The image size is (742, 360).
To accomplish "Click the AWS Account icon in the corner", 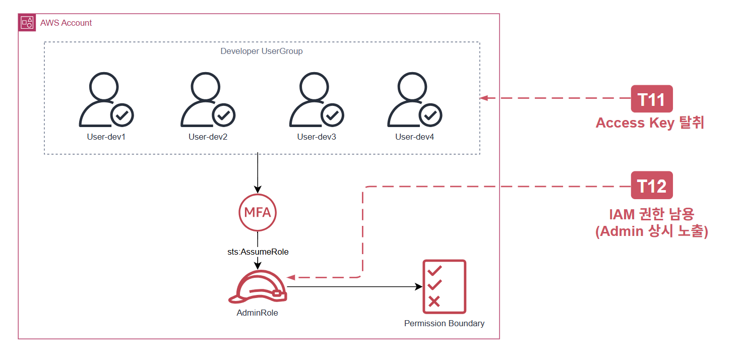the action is pyautogui.click(x=27, y=23).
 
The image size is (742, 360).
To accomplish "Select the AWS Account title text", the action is pyautogui.click(x=66, y=23).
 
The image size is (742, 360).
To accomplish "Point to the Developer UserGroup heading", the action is pyautogui.click(x=261, y=51).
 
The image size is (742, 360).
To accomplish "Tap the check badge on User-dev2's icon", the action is pyautogui.click(x=224, y=115).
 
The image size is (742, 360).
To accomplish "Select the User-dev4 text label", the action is pyautogui.click(x=414, y=137).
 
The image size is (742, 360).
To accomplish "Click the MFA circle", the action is pyautogui.click(x=258, y=212).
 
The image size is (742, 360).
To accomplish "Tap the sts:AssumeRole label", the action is pyautogui.click(x=258, y=252).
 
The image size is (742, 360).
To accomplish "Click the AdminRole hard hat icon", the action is pyautogui.click(x=258, y=287).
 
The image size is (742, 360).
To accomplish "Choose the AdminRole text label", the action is pyautogui.click(x=257, y=313).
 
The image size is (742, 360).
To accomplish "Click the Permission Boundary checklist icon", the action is pyautogui.click(x=444, y=286).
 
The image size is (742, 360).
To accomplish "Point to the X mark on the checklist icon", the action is pyautogui.click(x=434, y=302).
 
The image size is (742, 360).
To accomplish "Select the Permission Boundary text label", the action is pyautogui.click(x=444, y=323).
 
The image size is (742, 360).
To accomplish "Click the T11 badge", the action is pyautogui.click(x=652, y=99).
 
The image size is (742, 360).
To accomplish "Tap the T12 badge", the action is pyautogui.click(x=652, y=185).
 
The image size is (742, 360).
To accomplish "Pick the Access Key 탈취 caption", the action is pyautogui.click(x=650, y=123).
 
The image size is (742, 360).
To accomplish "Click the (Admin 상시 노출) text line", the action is pyautogui.click(x=652, y=231).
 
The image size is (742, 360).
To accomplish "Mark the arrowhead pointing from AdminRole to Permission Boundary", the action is pyautogui.click(x=419, y=286).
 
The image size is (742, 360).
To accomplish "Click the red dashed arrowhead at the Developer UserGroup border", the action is pyautogui.click(x=483, y=98).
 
